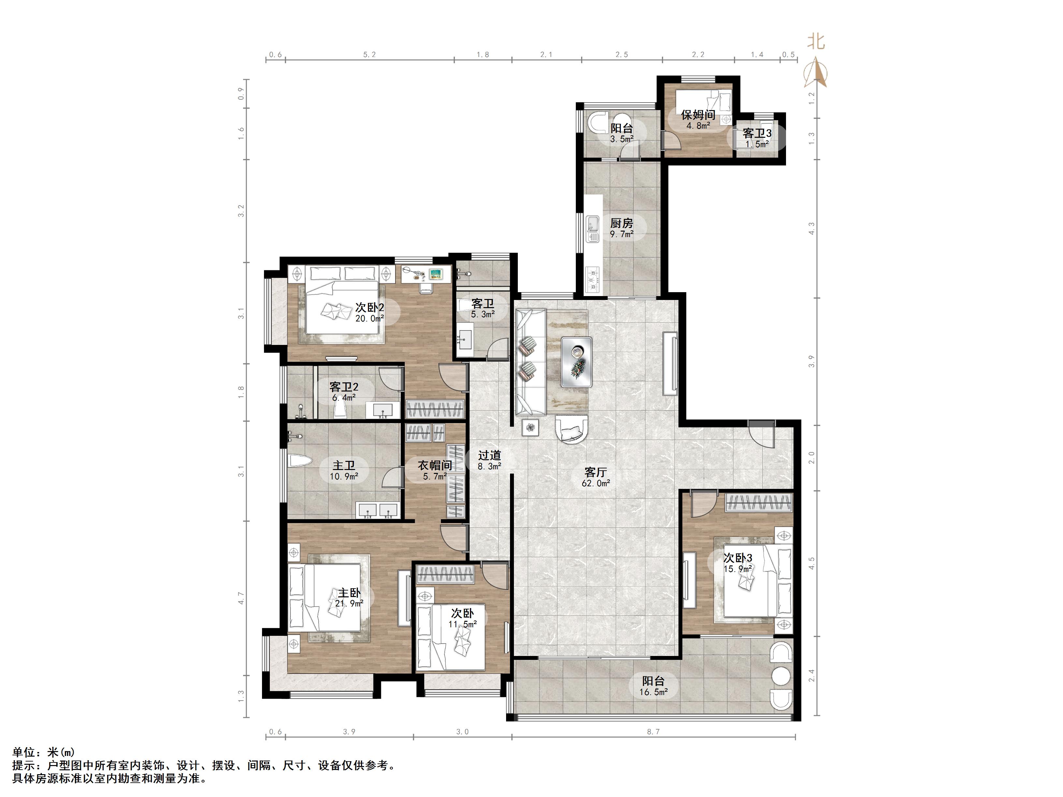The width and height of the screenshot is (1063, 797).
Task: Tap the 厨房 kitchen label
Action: coord(621,223)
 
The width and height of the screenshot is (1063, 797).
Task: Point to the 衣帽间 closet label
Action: coord(435,465)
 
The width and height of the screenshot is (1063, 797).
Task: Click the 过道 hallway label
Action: coord(490,455)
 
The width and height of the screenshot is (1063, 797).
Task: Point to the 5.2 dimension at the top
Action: coord(369,55)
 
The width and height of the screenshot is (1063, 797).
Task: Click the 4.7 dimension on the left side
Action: coord(241,598)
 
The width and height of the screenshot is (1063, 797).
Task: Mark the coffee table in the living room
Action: coord(576,361)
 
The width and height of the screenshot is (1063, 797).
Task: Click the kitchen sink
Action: coord(592,229)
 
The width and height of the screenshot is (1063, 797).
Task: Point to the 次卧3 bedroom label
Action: coord(738,558)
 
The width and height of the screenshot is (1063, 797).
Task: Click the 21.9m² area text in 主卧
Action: coord(349,604)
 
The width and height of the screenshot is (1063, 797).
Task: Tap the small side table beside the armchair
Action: coord(530,427)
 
